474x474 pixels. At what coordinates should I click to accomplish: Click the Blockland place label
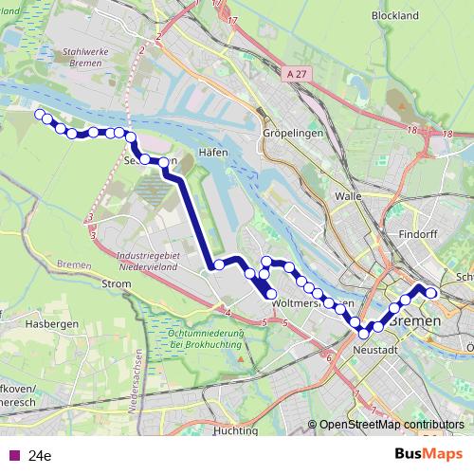[x=395, y=16]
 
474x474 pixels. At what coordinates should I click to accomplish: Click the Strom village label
[x=116, y=283]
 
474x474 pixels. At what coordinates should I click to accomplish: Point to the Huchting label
[x=235, y=430]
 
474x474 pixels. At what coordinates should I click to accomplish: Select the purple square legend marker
[x=11, y=455]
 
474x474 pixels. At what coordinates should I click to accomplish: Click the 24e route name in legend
[x=40, y=455]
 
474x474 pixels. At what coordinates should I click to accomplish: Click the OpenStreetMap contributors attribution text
[x=391, y=425]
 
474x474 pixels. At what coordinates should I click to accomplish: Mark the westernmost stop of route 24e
[x=40, y=115]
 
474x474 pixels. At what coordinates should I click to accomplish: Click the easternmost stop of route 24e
[x=431, y=292]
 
